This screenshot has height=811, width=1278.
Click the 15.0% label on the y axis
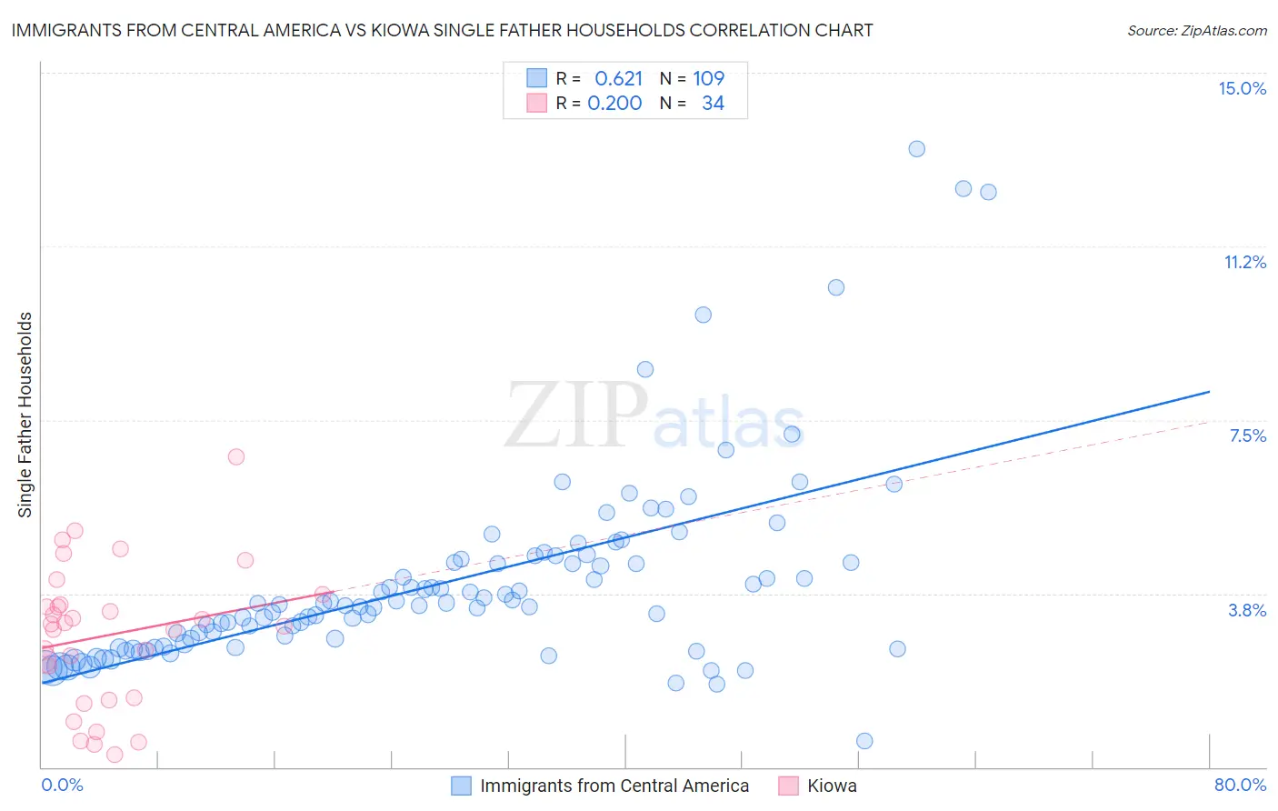[1242, 88]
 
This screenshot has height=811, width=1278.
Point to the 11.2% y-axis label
[1244, 262]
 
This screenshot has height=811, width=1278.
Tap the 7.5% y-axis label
[1247, 436]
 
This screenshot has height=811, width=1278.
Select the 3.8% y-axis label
[1247, 610]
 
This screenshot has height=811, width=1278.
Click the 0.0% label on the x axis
[62, 785]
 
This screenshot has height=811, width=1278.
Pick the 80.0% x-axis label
[1240, 785]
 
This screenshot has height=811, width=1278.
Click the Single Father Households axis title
[25, 415]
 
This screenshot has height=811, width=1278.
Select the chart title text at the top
[442, 30]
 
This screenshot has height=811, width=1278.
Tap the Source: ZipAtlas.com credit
[1196, 30]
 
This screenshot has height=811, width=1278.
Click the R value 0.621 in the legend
[618, 78]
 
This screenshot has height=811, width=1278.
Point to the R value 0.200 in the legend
[614, 103]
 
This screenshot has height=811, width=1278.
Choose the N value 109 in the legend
[709, 78]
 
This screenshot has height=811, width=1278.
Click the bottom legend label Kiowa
[832, 786]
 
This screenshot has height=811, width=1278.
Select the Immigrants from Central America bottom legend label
[614, 786]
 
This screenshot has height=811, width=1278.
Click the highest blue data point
[916, 149]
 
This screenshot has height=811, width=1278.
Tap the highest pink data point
[236, 456]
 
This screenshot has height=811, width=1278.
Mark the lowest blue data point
[864, 741]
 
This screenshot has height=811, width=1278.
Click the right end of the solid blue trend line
[1209, 391]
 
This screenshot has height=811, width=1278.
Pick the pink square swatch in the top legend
[537, 103]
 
